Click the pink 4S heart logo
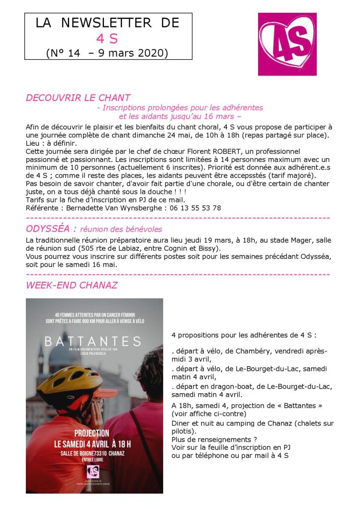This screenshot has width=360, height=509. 287,44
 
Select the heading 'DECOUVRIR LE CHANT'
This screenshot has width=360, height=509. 78,98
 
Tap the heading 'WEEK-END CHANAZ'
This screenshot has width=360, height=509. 72,285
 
